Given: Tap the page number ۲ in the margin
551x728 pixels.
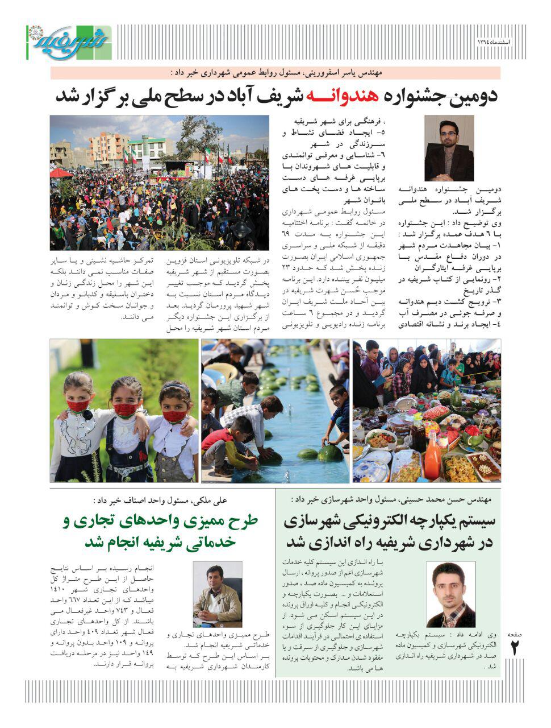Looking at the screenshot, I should click(516, 648).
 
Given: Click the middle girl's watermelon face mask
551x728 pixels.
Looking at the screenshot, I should click(126, 409).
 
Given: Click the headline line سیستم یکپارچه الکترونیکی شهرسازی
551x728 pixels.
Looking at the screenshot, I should click(389, 520).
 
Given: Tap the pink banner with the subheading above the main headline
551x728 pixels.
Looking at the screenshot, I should click(275, 73).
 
